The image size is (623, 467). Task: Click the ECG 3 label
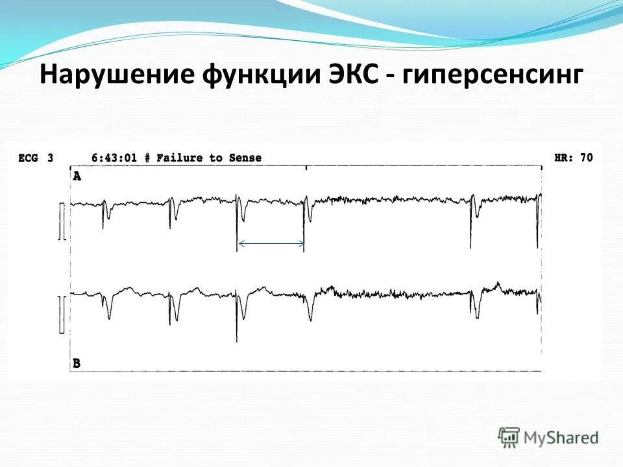[36, 158]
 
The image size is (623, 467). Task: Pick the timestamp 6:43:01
[114, 158]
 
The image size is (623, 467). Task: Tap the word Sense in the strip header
[245, 158]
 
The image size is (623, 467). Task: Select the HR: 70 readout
[573, 158]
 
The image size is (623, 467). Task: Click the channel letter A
[77, 176]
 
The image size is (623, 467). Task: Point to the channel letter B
[77, 363]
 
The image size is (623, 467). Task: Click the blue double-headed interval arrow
[271, 244]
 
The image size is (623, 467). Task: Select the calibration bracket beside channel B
[62, 315]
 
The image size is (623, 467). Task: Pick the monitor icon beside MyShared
[509, 437]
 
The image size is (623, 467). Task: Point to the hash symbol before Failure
[147, 158]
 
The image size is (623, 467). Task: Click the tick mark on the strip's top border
[306, 168]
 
